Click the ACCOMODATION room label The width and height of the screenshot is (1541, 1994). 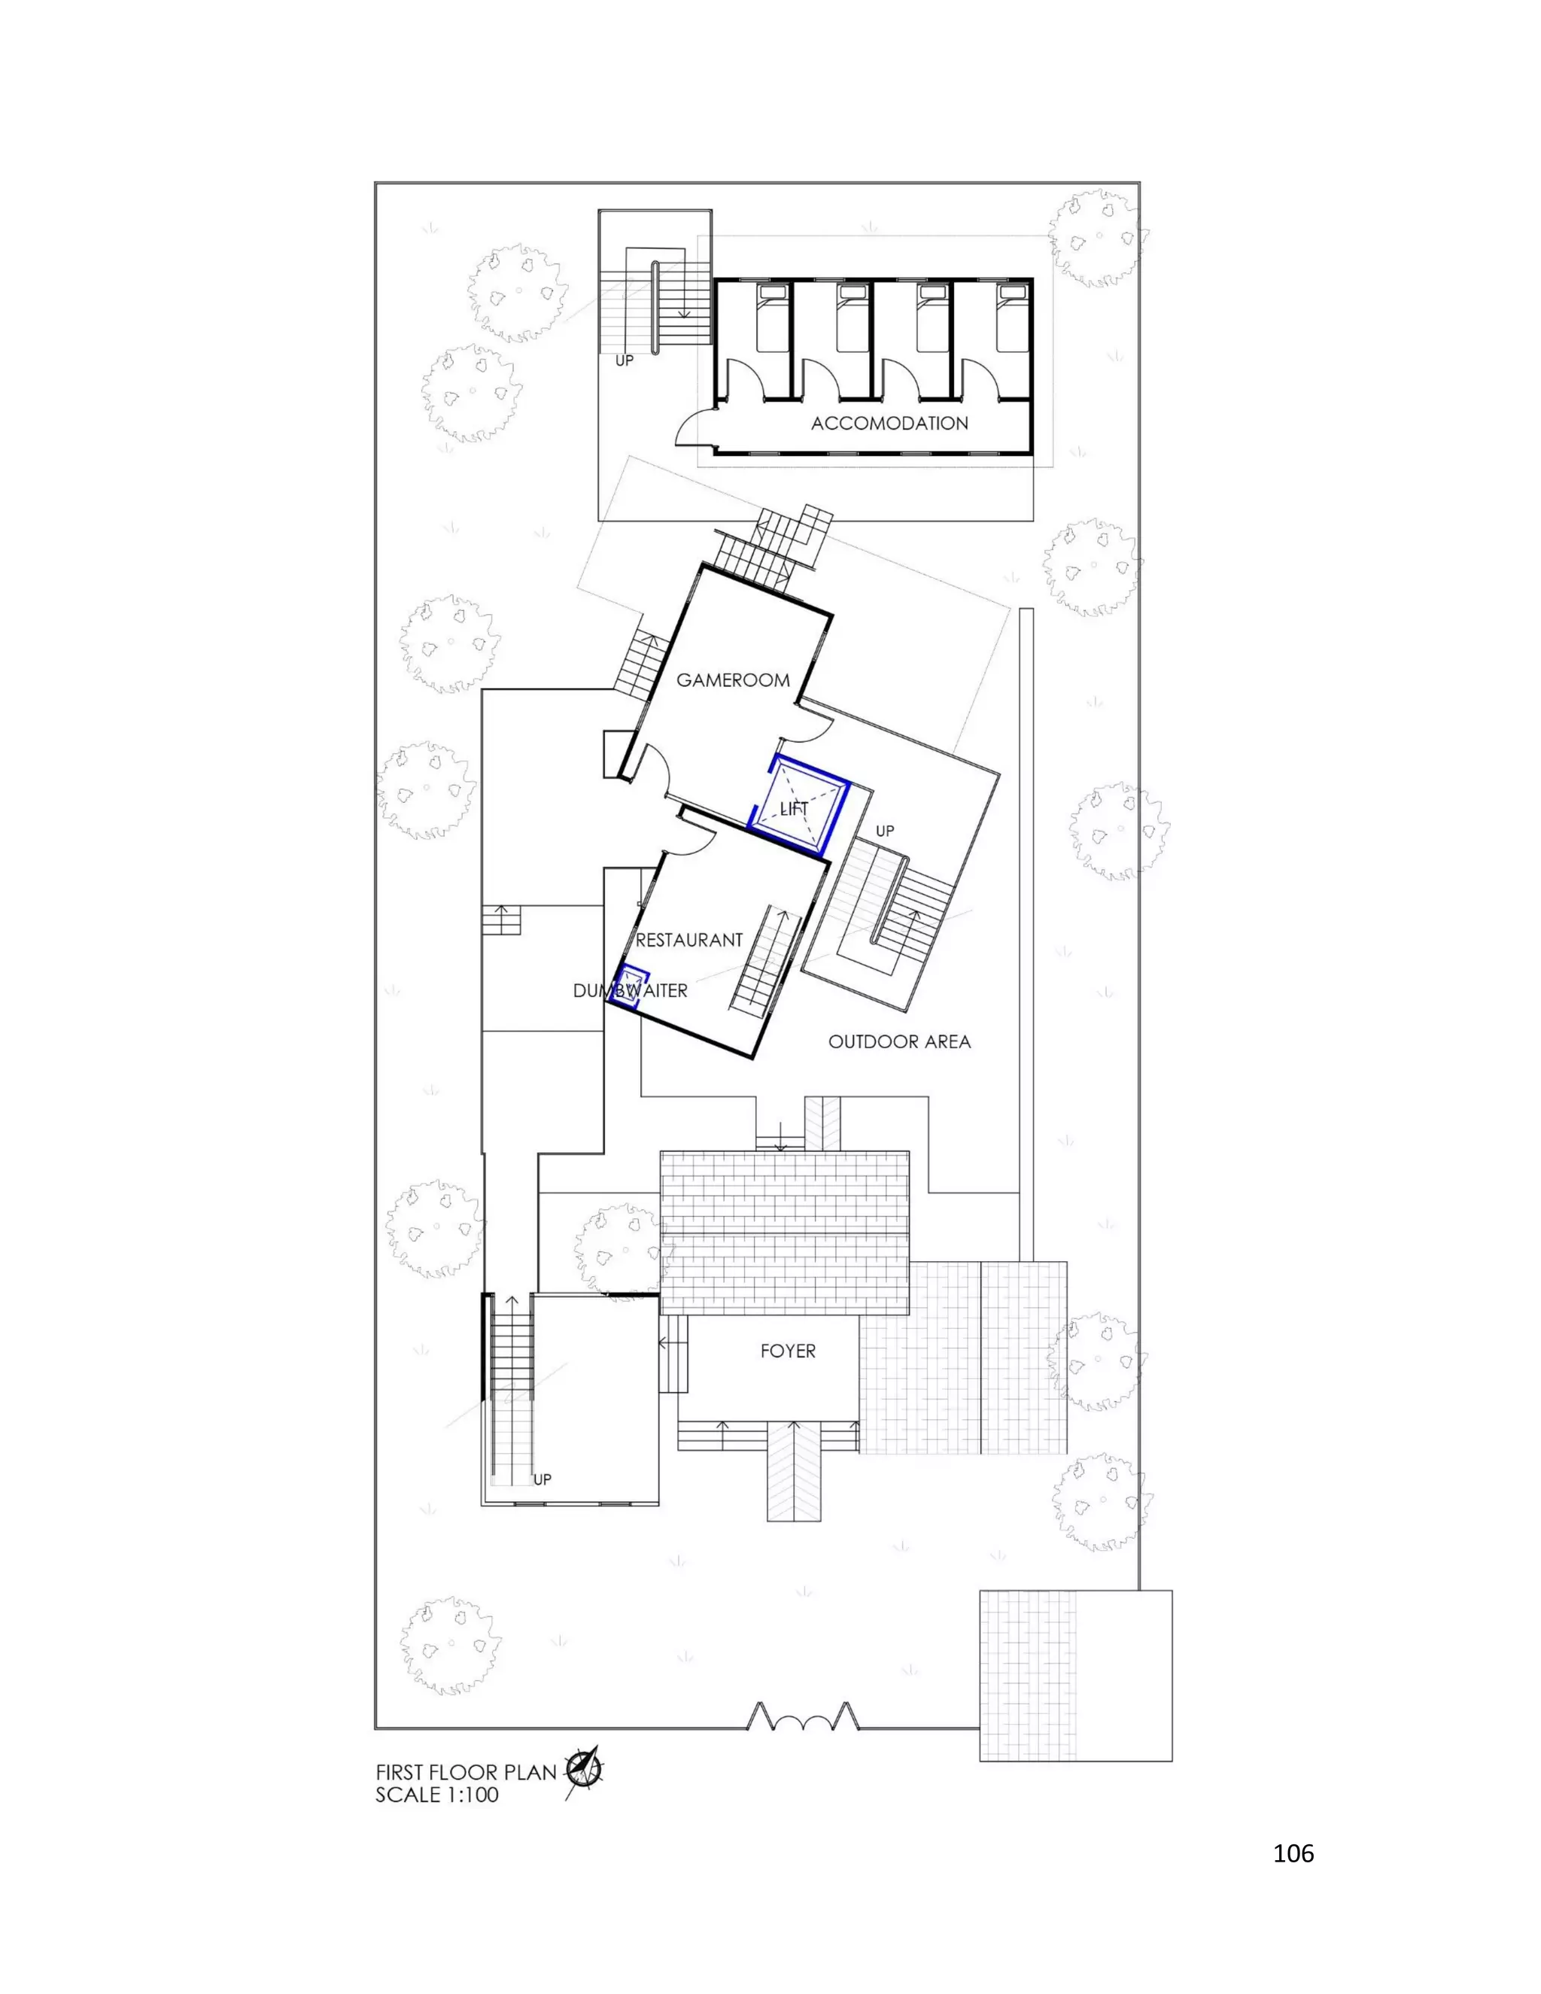(889, 424)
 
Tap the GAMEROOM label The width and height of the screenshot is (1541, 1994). (733, 680)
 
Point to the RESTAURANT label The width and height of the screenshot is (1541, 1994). (689, 941)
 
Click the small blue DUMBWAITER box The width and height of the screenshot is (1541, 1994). (629, 986)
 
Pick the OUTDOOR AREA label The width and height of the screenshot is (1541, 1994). (899, 1041)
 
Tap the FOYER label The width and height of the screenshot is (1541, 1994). (788, 1351)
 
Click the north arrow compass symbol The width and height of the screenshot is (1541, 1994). (582, 1771)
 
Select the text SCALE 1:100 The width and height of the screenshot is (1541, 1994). (437, 1795)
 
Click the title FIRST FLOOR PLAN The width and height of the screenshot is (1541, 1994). (466, 1772)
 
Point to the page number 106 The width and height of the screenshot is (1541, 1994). (1293, 1853)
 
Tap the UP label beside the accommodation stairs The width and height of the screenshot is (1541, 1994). (625, 360)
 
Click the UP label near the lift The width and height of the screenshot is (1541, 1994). (885, 831)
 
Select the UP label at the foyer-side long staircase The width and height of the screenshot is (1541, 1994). (543, 1479)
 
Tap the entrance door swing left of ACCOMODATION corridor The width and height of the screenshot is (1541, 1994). (694, 427)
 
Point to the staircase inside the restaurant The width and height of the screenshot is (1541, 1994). (765, 959)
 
